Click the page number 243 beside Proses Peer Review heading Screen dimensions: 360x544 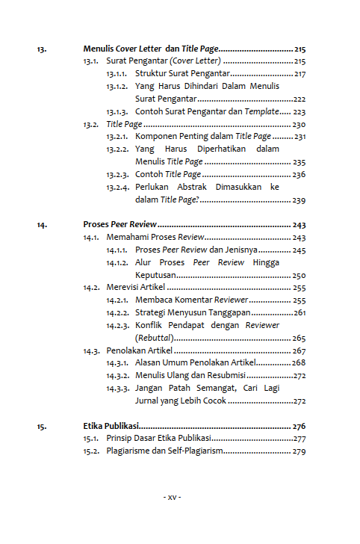299,224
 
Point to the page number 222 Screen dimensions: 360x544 300,99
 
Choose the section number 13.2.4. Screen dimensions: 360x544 117,188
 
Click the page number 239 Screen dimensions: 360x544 299,200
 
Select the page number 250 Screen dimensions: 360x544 299,275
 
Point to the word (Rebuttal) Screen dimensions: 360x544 155,338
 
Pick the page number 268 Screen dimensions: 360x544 299,362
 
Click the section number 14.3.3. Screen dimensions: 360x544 117,388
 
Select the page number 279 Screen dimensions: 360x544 299,451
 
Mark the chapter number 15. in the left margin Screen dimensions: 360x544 42,426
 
